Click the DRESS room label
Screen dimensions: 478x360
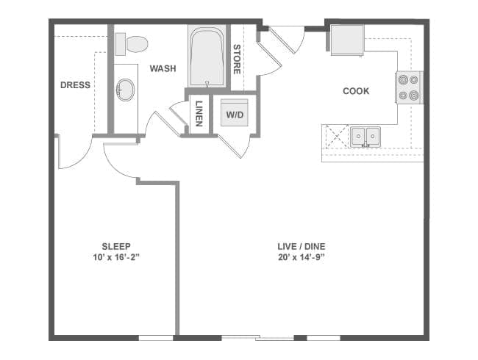click(x=75, y=85)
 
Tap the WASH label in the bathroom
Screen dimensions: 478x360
click(x=163, y=68)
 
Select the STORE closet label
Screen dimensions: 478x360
click(x=237, y=60)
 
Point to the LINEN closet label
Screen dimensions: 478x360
click(x=199, y=114)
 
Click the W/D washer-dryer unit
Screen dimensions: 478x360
click(x=235, y=112)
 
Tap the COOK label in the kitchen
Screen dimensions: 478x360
click(x=356, y=91)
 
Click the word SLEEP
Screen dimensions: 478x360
click(x=116, y=246)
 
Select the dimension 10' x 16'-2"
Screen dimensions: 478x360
click(x=116, y=257)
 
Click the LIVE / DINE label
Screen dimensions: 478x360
click(x=302, y=246)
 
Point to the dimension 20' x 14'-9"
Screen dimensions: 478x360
click(x=302, y=257)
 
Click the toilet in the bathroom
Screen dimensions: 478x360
click(x=132, y=44)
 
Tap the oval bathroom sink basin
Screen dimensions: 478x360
click(x=125, y=90)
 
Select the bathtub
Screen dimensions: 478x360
click(x=207, y=57)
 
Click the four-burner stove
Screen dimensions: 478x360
click(x=409, y=87)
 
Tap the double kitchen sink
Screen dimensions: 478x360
click(x=365, y=137)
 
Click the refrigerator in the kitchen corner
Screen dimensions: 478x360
click(x=348, y=40)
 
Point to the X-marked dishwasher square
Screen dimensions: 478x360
click(x=337, y=136)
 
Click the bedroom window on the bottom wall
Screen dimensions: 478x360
click(x=156, y=338)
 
